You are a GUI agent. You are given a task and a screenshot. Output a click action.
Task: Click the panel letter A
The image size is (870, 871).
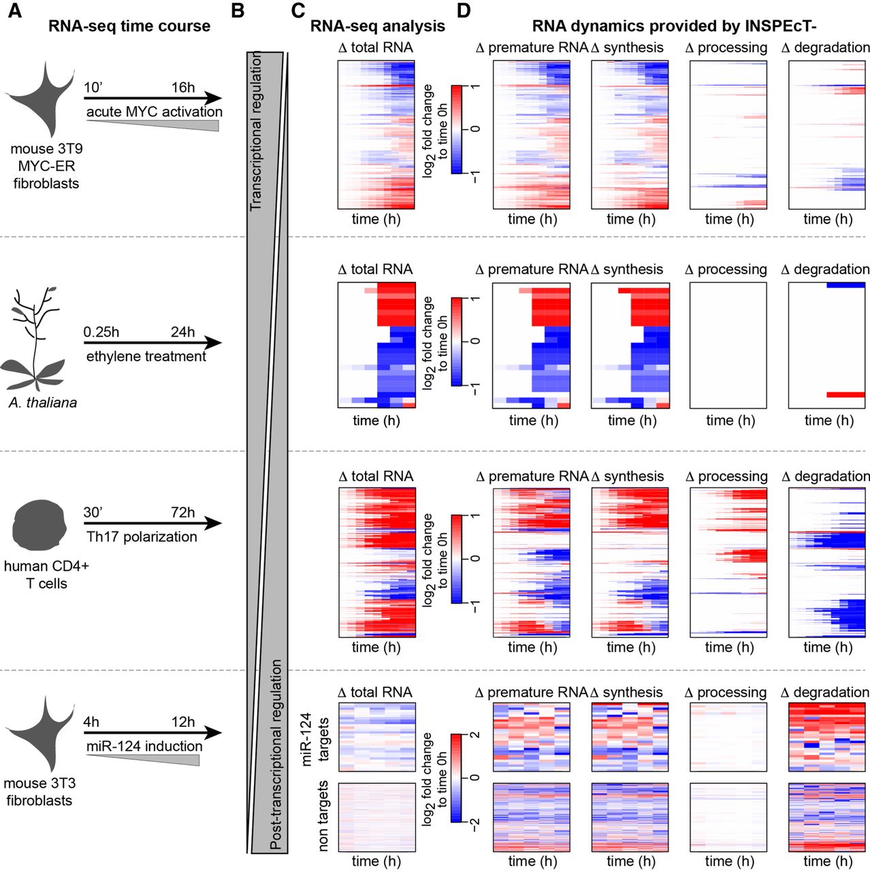[14, 12]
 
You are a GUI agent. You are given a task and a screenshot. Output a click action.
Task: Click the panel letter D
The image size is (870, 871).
[464, 12]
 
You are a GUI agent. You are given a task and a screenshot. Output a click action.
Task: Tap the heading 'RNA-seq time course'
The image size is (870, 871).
[129, 27]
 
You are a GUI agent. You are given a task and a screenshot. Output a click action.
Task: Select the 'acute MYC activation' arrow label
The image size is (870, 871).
[155, 112]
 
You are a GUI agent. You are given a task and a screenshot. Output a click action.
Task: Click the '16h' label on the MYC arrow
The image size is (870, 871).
[182, 88]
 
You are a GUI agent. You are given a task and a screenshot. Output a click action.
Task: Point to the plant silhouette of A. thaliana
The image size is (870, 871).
[34, 340]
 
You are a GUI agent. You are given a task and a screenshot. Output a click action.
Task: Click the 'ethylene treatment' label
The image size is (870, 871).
[146, 357]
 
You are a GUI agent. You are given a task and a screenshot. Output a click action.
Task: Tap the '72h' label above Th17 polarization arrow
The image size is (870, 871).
[182, 512]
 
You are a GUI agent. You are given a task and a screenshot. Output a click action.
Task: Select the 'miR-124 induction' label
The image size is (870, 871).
[144, 746]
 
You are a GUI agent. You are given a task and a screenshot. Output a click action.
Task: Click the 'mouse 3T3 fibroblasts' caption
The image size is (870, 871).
[39, 792]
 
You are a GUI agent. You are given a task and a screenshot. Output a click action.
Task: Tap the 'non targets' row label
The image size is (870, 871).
[323, 816]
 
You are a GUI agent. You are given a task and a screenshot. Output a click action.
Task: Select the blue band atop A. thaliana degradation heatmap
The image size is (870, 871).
[845, 285]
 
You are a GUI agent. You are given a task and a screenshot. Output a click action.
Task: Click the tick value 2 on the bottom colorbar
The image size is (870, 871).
[475, 735]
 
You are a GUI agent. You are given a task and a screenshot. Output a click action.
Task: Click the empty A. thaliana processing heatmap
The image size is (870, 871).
[728, 345]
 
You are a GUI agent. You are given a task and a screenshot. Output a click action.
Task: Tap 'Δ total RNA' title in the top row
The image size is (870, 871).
[376, 48]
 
